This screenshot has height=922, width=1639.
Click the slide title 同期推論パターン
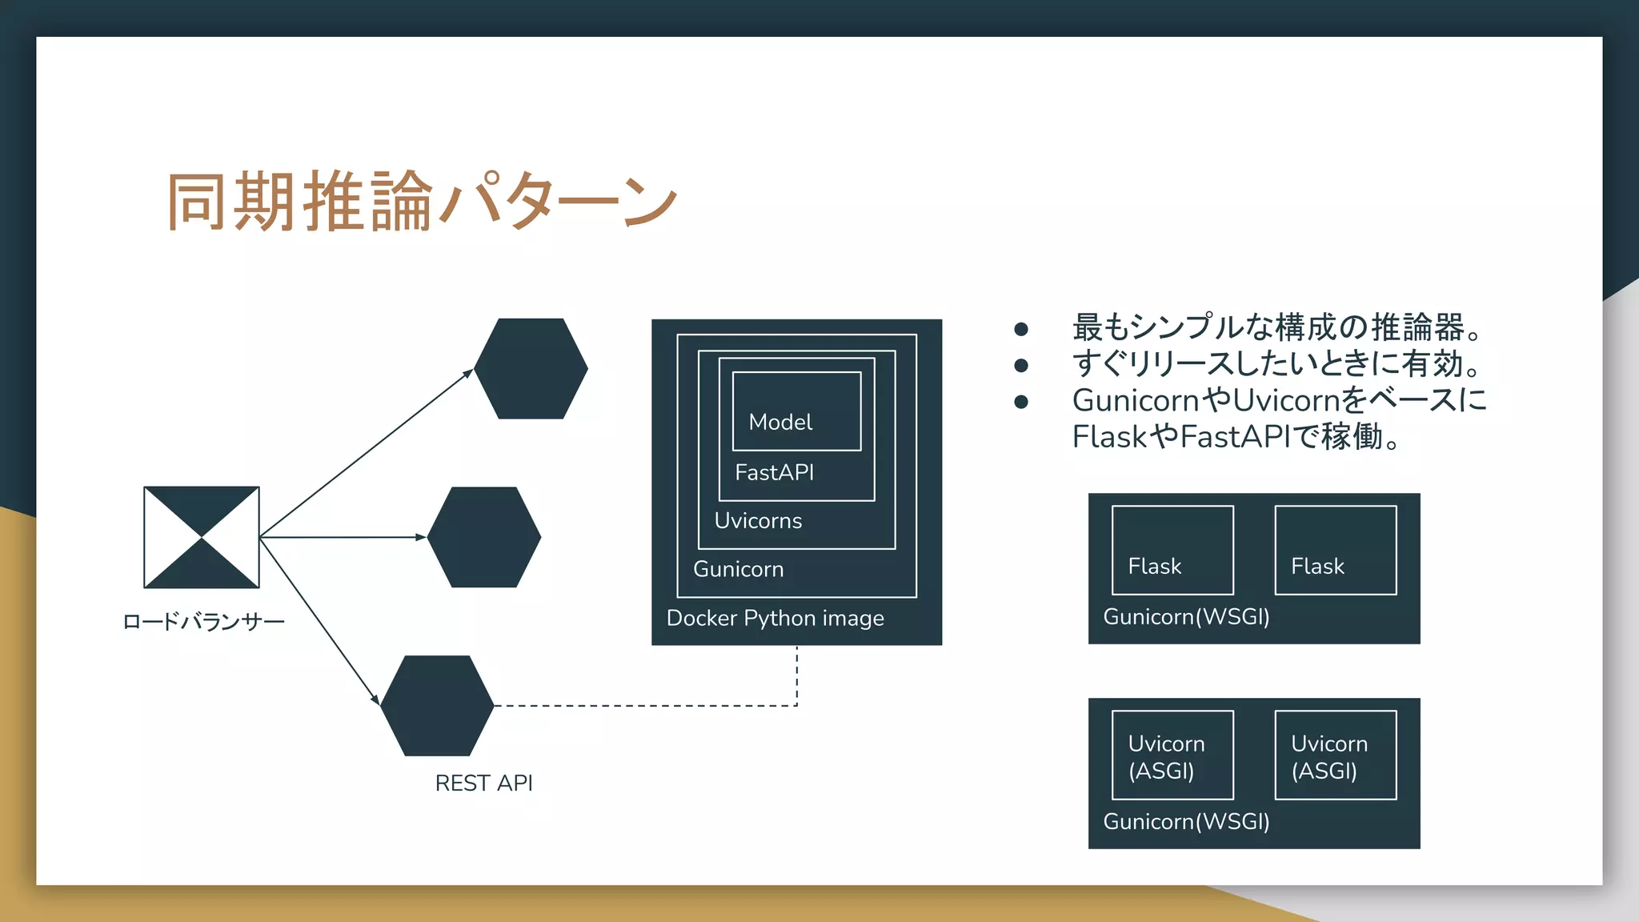[422, 201]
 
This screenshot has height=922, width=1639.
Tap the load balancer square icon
[202, 537]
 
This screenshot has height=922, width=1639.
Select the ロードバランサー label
[203, 622]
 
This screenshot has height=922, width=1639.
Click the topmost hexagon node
[531, 369]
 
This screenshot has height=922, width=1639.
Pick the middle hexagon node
[484, 537]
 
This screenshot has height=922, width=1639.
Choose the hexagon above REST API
[437, 706]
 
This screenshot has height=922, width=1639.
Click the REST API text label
[483, 783]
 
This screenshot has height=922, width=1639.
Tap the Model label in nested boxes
[780, 422]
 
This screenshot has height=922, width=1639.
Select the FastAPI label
[774, 472]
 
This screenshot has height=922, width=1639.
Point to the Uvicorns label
[758, 521]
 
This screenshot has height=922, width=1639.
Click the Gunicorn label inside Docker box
[738, 569]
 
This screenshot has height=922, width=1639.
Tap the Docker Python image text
[775, 618]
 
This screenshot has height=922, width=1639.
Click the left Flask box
[1172, 550]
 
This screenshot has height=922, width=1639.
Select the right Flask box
[1335, 550]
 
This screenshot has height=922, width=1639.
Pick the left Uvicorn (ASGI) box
[1172, 755]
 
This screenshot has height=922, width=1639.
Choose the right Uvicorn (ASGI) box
[1335, 755]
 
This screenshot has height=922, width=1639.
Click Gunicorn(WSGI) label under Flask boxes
[1186, 617]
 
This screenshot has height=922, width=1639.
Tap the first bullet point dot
[1020, 329]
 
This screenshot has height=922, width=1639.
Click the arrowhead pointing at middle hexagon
[421, 537]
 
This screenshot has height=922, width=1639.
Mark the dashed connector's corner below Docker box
[796, 705]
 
